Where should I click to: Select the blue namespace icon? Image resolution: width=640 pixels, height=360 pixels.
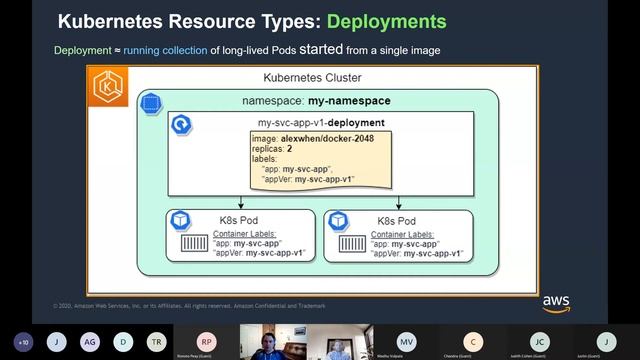click(151, 102)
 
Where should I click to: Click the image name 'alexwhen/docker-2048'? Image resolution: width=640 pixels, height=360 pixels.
click(326, 138)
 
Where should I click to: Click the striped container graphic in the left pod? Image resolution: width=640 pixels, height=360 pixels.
click(194, 244)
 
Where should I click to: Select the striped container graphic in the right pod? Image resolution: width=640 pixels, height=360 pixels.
click(351, 244)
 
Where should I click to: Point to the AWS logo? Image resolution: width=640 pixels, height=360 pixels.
click(557, 303)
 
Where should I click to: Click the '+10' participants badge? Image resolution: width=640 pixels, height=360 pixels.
click(24, 341)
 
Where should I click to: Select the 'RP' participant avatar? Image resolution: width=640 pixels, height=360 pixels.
click(207, 340)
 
